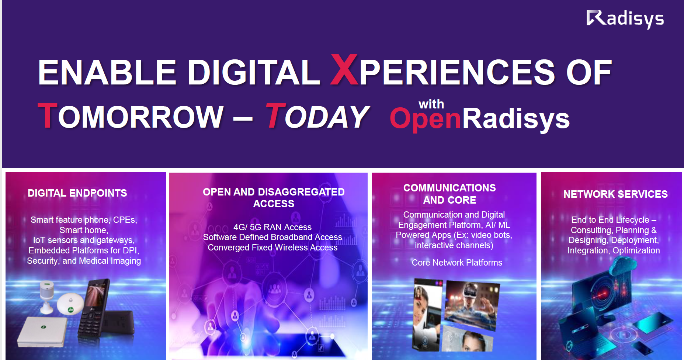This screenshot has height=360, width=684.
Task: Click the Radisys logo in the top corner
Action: [625, 19]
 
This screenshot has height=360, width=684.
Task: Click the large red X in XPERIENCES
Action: [344, 69]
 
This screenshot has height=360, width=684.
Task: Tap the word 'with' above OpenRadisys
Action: [431, 104]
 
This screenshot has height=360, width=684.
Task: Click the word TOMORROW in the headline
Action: [131, 116]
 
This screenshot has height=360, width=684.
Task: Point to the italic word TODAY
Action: [317, 116]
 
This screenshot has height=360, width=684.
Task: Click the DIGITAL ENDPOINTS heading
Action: [77, 193]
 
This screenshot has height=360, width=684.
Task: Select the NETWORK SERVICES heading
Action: [615, 194]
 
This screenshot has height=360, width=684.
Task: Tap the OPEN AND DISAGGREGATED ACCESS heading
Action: [274, 198]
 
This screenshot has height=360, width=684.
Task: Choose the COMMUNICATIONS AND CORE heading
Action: [449, 194]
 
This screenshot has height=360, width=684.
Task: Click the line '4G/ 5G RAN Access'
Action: [272, 227]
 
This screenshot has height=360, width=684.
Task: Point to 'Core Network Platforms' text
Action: [457, 263]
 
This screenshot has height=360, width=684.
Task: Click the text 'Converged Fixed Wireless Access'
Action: [272, 247]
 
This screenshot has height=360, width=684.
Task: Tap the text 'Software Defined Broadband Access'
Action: [272, 237]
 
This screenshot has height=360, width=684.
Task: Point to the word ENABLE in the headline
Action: [107, 72]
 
